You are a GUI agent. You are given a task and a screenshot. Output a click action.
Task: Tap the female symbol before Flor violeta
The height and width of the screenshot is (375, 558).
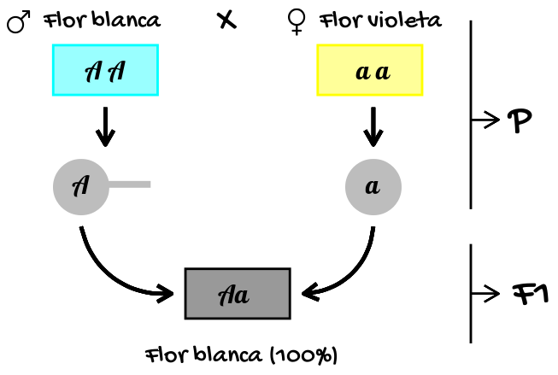pyautogui.click(x=297, y=21)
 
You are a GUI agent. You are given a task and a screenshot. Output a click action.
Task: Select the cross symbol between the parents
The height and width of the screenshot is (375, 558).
pyautogui.click(x=226, y=21)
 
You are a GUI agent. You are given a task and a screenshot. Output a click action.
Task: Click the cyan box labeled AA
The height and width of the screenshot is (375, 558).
pyautogui.click(x=105, y=70)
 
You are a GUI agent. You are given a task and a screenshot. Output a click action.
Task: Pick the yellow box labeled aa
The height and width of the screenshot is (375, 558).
pyautogui.click(x=370, y=70)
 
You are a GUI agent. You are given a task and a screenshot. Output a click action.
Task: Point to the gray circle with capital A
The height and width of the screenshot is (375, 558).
pyautogui.click(x=81, y=185)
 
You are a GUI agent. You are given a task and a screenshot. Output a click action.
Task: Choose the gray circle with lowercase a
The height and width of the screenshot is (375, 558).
pyautogui.click(x=373, y=185)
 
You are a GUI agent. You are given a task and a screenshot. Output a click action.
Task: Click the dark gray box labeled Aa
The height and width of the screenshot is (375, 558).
pyautogui.click(x=237, y=293)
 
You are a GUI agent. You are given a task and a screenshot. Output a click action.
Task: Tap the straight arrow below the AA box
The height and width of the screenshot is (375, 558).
pyautogui.click(x=105, y=126)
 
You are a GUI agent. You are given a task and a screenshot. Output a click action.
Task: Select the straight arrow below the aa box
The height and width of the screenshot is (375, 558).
pyautogui.click(x=372, y=126)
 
